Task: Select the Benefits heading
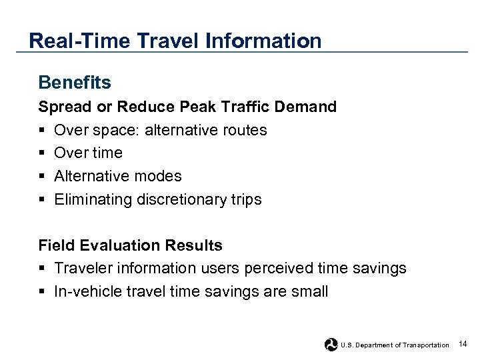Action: [75, 83]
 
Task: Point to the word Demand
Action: [309, 107]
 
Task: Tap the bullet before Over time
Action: [42, 153]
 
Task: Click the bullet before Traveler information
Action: [42, 269]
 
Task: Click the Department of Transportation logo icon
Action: [331, 344]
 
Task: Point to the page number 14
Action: [463, 343]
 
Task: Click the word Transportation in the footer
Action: [426, 345]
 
